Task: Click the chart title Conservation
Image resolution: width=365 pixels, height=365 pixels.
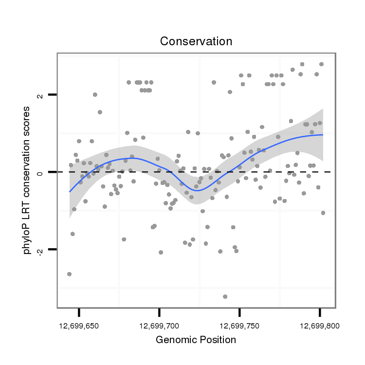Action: (196, 41)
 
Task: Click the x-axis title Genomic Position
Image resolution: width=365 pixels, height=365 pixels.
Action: (196, 340)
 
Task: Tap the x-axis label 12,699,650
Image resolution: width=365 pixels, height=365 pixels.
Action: (78, 325)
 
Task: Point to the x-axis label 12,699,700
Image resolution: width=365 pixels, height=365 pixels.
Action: (159, 325)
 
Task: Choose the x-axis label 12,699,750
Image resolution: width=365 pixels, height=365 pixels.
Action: (239, 325)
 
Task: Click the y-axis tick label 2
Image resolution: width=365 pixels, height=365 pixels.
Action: (40, 95)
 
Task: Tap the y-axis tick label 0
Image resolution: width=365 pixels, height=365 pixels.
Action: (40, 172)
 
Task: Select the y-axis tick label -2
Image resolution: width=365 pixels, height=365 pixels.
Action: (40, 250)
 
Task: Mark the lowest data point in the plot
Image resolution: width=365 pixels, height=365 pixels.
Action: (225, 296)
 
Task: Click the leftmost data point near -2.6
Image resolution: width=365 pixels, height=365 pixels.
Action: (70, 274)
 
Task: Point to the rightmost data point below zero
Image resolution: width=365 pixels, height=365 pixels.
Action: (323, 213)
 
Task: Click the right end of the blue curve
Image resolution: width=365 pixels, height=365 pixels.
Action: (323, 135)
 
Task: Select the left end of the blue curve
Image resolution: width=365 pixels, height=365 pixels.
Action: (70, 192)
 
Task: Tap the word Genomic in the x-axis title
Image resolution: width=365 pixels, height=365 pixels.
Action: (175, 340)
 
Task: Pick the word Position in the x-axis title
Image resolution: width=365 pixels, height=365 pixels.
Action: (217, 340)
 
